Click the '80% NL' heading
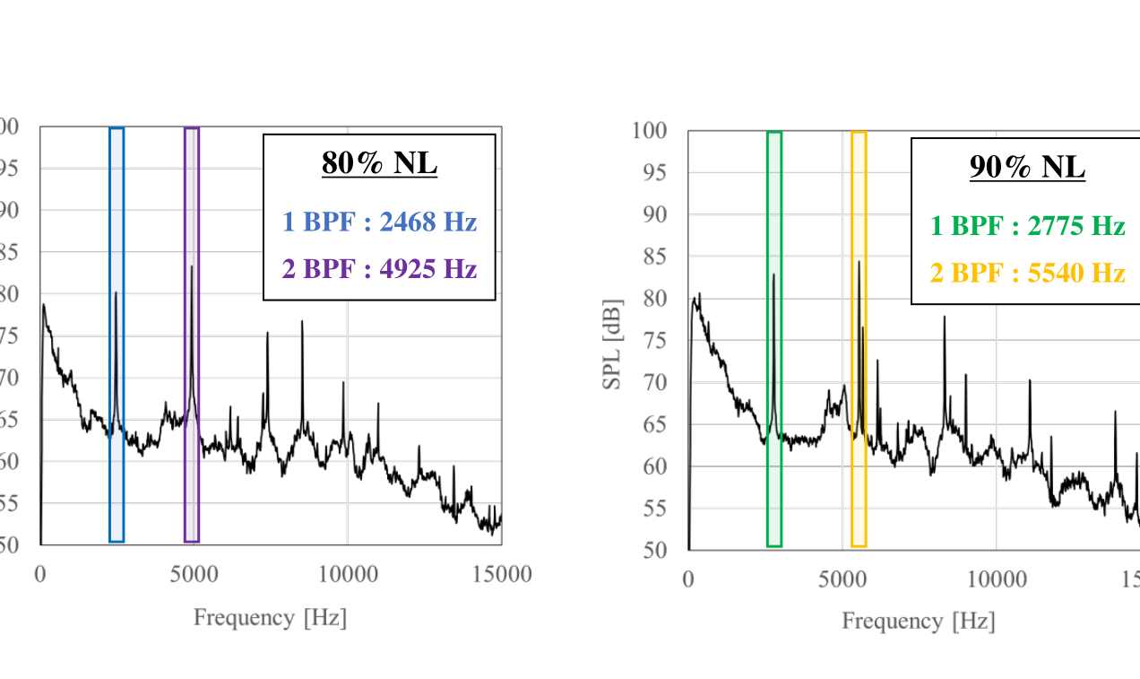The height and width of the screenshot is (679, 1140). [x=379, y=164]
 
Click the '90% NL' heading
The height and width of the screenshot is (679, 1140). [x=1027, y=168]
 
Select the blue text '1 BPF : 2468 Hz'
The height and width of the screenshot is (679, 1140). [x=379, y=222]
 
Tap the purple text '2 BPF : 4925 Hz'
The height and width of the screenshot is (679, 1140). [x=379, y=268]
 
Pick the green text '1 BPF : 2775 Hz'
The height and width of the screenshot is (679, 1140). [x=1027, y=226]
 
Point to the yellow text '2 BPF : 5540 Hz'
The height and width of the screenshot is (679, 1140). [x=1027, y=273]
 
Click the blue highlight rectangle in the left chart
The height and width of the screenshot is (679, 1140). [x=117, y=335]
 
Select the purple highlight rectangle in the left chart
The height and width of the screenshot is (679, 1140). [x=192, y=335]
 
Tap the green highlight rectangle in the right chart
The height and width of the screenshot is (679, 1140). [x=774, y=339]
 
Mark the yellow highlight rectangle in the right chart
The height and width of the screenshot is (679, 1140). [x=859, y=339]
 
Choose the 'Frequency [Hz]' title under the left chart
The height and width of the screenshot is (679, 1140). [x=270, y=617]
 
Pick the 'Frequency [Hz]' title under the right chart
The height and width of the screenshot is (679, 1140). [x=918, y=621]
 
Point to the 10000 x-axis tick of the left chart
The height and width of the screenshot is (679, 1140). [x=347, y=574]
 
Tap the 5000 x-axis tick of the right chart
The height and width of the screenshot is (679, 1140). [x=842, y=578]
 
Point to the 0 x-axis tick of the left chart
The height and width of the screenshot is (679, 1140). [x=40, y=574]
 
